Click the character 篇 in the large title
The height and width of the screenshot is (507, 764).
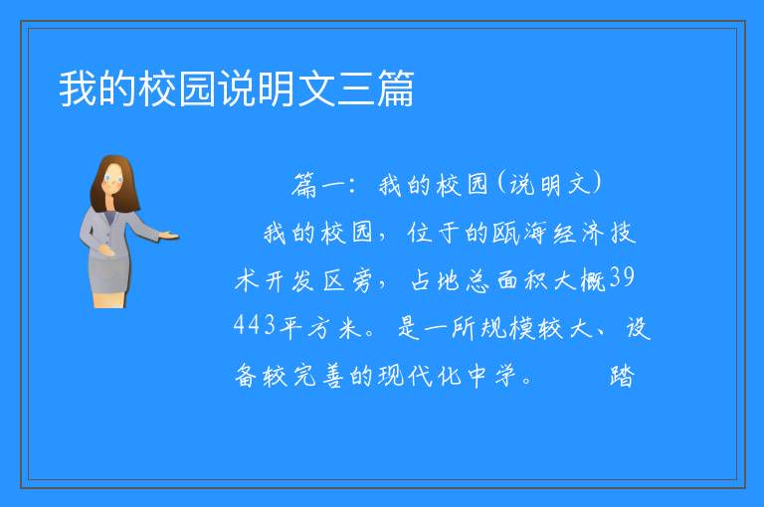coord(395,88)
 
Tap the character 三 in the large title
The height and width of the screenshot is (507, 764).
coord(356,88)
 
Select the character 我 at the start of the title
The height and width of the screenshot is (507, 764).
coord(78,88)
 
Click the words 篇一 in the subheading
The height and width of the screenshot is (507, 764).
coord(319,186)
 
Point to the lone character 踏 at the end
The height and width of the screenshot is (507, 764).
coord(622,376)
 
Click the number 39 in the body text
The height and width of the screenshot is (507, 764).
coord(622,277)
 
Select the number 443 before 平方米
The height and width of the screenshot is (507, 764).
coord(255,324)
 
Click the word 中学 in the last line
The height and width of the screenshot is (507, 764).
coord(491,376)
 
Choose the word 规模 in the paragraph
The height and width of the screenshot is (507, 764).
coord(507,327)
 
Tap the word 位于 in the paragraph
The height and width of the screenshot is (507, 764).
coord(434,233)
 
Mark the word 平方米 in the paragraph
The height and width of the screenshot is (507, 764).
coord(320,327)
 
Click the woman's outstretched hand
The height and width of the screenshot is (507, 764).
coord(169,237)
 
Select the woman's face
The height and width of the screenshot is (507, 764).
coord(113,179)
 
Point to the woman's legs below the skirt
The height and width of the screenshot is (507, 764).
coord(109,300)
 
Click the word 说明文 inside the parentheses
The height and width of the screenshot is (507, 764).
coord(549,186)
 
